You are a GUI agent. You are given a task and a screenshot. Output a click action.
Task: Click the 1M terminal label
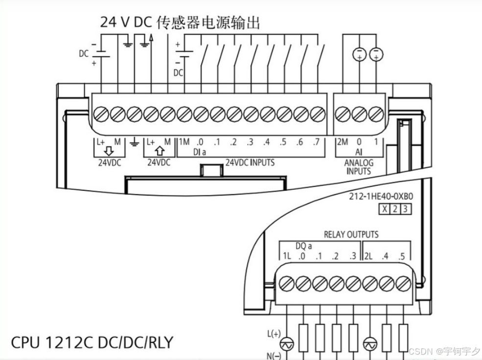(184, 142)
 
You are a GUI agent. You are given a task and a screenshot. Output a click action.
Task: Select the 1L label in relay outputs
(287, 256)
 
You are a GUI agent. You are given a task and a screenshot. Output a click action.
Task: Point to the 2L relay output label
(369, 256)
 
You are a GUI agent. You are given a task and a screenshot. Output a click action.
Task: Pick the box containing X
(385, 209)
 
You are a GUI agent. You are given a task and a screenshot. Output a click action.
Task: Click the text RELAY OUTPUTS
(351, 235)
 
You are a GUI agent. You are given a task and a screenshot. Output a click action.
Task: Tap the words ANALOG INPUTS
(359, 167)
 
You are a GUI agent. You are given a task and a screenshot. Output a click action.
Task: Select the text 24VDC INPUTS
(250, 162)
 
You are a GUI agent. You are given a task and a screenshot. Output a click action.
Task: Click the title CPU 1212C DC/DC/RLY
(92, 342)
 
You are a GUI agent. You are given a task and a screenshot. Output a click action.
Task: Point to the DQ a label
(303, 246)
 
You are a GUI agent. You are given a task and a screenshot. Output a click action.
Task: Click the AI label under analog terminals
(359, 152)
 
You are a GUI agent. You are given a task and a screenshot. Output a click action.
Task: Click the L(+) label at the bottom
(274, 334)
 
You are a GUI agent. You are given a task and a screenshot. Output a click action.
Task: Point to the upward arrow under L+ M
(159, 152)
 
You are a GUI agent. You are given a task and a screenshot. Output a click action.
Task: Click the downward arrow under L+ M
(109, 152)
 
